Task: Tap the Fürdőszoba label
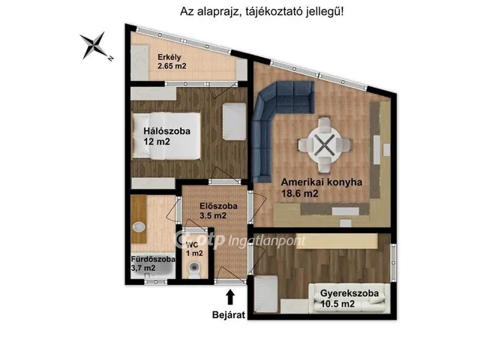coord(154,259)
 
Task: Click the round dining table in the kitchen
coord(323,144)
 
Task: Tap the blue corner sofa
coord(273,120)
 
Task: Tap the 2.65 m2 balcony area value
coord(172,66)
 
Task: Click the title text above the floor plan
coord(262,12)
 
